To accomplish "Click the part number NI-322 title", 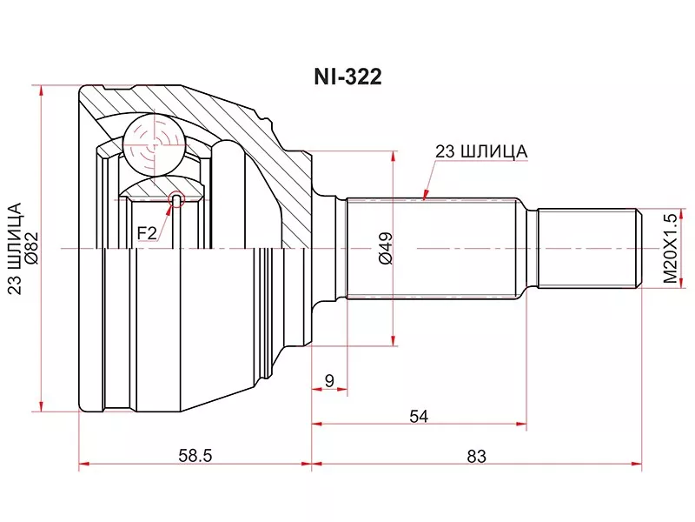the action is [347, 77].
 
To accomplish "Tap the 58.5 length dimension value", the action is [195, 455].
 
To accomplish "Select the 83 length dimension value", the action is [476, 456].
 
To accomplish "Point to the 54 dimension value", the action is [419, 417].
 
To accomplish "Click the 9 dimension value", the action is [329, 380].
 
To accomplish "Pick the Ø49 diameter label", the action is [386, 248].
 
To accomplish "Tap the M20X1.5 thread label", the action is [670, 249].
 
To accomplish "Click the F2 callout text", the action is [147, 232].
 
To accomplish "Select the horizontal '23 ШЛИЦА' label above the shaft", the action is [481, 151].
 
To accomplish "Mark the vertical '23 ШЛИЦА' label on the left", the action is [16, 249].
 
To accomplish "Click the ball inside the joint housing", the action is [154, 145].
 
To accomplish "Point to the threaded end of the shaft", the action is [590, 248].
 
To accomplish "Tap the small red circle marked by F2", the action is [176, 200].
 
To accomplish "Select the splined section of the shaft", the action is [432, 248].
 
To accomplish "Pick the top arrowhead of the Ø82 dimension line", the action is [41, 91].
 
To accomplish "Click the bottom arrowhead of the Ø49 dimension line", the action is [393, 339].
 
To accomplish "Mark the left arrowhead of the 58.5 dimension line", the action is [84, 464].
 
